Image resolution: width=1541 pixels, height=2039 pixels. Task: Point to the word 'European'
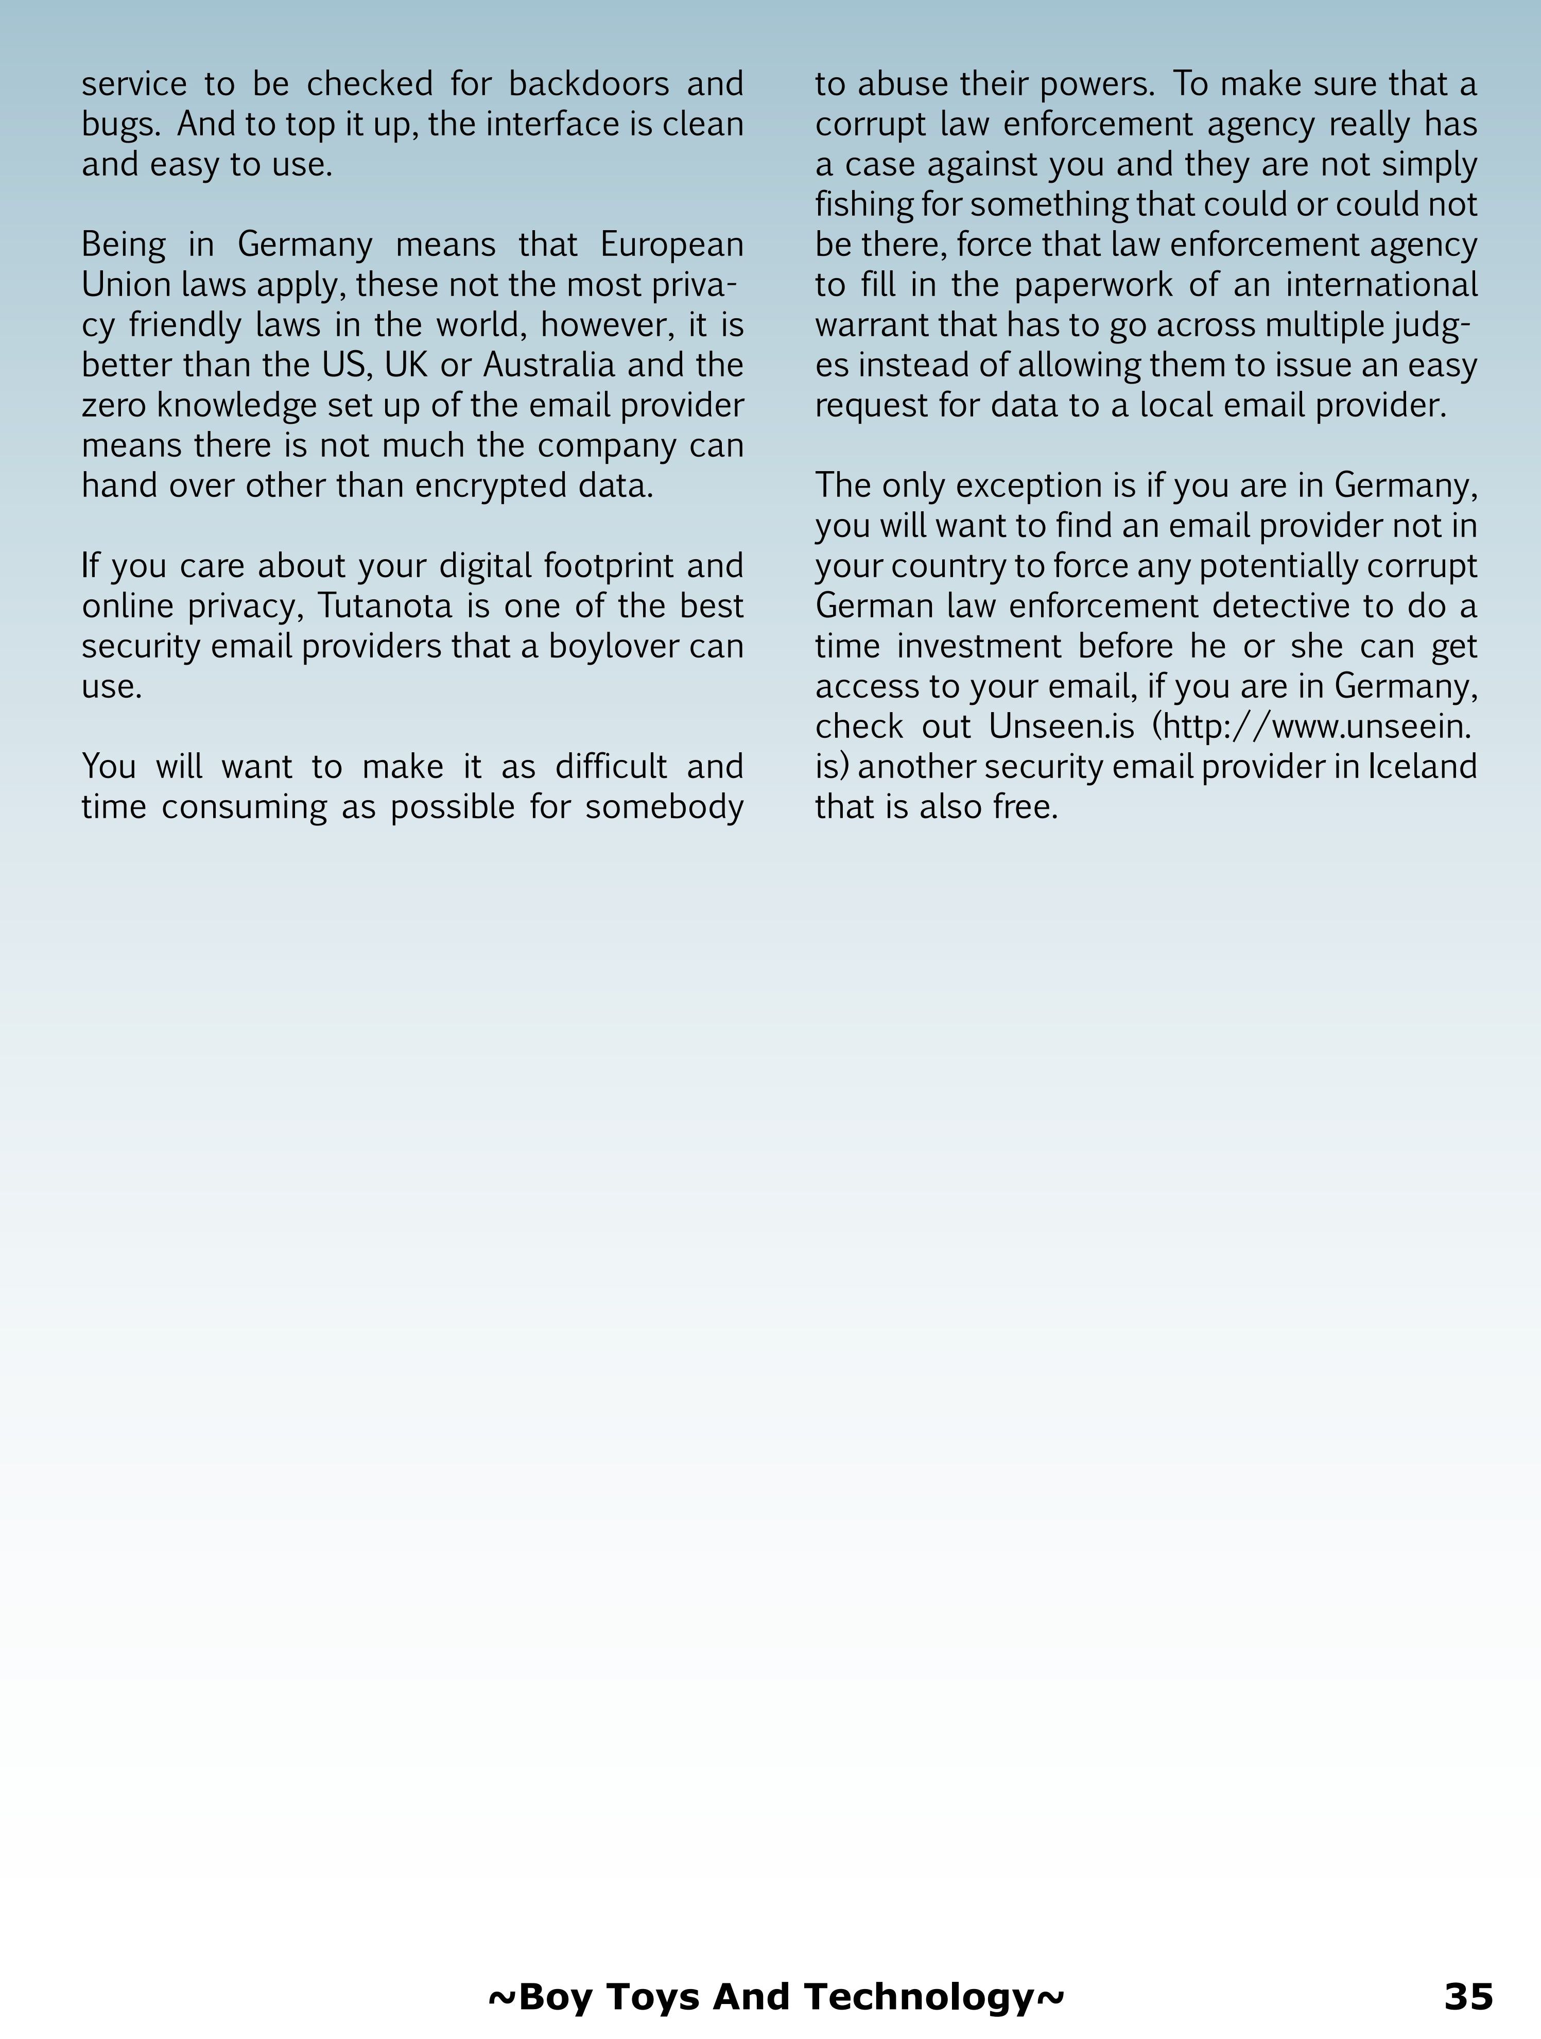tap(671, 245)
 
